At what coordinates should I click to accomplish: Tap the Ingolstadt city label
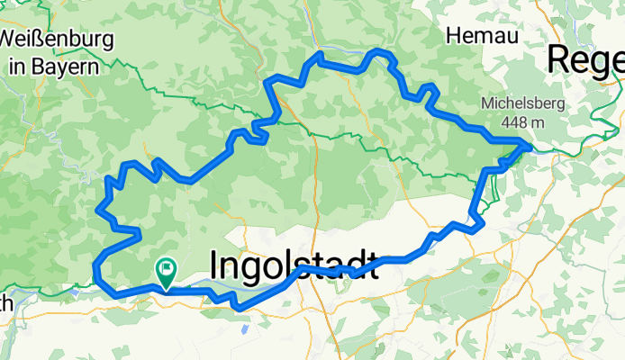[294, 265]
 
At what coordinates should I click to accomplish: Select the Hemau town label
[472, 35]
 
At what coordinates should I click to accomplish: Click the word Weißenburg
[56, 40]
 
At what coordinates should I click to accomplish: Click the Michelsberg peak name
[522, 103]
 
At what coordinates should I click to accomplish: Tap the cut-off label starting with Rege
[585, 60]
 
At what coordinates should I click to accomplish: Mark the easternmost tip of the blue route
[529, 146]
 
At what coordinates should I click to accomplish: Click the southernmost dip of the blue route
[239, 309]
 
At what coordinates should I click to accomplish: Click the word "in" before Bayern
[16, 66]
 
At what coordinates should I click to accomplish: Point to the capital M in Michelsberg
[487, 103]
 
